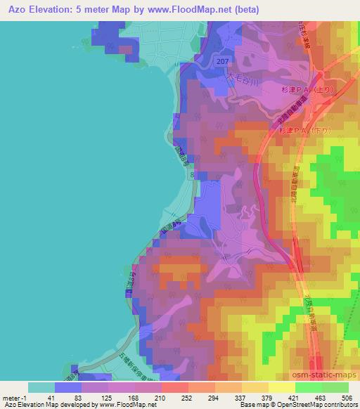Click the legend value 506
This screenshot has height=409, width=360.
point(347,397)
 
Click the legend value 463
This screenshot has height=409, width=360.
point(321,397)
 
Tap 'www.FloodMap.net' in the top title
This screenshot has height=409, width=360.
point(172,10)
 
